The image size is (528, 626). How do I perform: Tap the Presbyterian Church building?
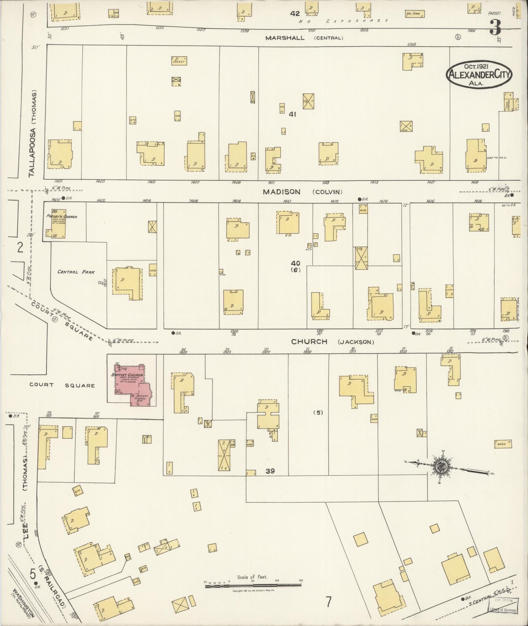58,224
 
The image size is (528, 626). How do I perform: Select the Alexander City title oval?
479,75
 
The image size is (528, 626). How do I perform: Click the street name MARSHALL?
285,38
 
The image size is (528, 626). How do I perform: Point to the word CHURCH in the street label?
309,342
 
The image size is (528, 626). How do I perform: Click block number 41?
292,114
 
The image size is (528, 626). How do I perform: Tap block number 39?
270,471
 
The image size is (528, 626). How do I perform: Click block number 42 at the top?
295,13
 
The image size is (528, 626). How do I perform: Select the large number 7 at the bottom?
329,601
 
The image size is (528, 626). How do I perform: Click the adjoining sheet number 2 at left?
20,248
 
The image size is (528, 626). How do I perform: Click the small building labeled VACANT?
179,61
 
